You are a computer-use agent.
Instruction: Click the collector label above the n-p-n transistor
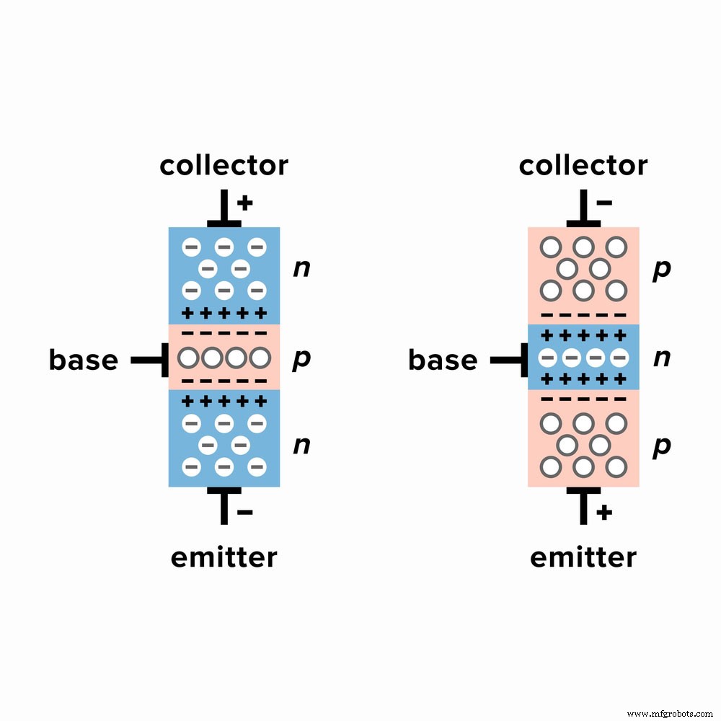224,166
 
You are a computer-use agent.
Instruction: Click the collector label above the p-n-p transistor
583,166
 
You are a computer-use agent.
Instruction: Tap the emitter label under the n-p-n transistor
224,557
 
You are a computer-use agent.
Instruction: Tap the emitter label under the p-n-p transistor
583,557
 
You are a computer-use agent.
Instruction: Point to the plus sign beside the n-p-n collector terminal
245,203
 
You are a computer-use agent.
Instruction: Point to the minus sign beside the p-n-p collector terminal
604,203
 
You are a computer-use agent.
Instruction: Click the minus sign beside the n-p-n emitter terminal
245,513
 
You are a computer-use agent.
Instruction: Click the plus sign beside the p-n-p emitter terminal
604,513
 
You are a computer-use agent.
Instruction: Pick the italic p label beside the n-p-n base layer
301,360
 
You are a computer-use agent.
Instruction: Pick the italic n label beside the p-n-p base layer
660,358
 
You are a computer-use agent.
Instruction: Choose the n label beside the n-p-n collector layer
301,269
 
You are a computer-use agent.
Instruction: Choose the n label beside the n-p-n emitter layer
301,446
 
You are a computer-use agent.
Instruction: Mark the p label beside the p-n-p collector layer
660,270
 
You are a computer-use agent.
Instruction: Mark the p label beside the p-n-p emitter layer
660,447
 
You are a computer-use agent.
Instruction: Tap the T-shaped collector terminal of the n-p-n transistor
224,212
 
